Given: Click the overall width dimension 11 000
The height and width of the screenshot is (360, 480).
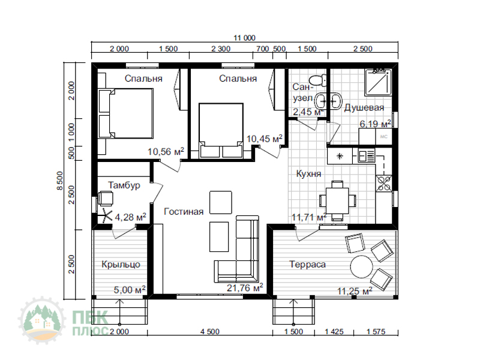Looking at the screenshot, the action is click(244, 38).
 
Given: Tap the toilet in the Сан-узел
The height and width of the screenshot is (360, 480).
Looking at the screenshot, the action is click(318, 80).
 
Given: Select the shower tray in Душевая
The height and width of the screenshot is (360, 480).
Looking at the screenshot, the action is click(378, 82).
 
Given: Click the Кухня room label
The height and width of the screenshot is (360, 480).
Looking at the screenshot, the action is click(308, 173).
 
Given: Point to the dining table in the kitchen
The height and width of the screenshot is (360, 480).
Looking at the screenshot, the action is click(337, 200).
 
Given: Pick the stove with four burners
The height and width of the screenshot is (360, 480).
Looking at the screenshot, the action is click(384, 183).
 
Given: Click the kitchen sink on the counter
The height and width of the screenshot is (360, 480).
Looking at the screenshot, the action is click(366, 156).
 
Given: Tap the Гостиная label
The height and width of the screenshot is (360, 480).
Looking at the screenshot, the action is click(184, 212).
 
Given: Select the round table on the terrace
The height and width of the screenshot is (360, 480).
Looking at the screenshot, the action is click(362, 266).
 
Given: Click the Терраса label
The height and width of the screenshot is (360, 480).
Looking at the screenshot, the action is click(307, 264).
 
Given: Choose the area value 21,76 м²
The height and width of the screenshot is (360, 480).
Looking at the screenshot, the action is click(245, 288).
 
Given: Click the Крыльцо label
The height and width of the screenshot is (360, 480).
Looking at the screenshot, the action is click(121, 264).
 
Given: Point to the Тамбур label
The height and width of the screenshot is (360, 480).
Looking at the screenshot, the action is click(124, 185).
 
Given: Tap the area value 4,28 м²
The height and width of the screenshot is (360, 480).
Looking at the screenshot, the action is click(130, 217).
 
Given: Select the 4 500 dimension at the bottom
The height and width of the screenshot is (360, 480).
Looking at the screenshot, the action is click(210, 332).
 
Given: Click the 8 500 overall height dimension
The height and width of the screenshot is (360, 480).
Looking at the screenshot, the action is click(60, 181).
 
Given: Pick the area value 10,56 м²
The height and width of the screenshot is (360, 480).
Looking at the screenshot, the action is click(166, 151).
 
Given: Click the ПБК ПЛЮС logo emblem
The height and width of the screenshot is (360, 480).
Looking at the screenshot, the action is click(42, 320).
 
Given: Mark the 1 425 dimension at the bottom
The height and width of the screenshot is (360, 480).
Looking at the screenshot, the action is click(334, 332).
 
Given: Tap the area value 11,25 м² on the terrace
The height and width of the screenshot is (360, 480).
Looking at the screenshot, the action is click(355, 291).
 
